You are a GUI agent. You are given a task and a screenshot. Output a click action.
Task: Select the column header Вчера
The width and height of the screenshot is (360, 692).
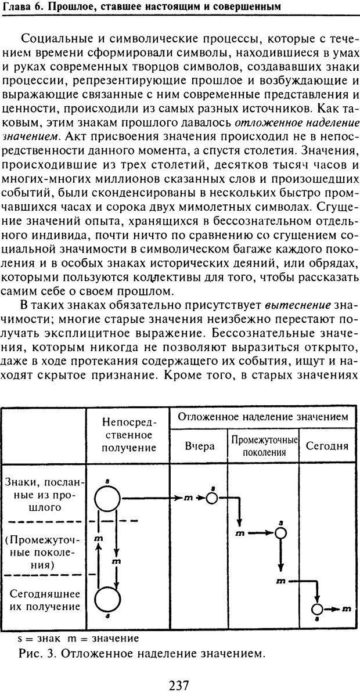pos(199,446)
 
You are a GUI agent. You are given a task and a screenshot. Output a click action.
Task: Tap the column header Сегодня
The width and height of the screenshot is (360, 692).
pos(327,446)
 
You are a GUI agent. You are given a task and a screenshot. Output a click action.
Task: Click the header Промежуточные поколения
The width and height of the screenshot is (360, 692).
pos(264,446)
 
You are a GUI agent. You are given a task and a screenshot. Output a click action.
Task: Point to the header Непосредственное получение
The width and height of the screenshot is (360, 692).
pos(128,434)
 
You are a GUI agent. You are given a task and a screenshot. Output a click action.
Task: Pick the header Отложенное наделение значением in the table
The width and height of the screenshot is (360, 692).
pos(262,416)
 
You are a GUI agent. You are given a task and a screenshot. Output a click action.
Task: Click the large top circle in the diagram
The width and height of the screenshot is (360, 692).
pos(107,498)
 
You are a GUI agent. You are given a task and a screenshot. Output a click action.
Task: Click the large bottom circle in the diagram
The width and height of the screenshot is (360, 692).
pos(107,598)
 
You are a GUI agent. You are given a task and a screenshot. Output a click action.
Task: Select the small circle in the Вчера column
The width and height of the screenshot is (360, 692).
pos(212,498)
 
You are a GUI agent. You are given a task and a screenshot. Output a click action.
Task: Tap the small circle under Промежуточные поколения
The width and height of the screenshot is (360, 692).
pos(281,533)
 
